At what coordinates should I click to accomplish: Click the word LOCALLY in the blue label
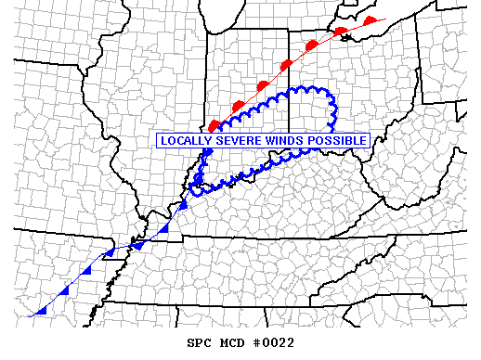point(187,141)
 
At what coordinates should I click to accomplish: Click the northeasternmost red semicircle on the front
point(370,20)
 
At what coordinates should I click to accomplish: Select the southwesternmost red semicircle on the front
point(215,124)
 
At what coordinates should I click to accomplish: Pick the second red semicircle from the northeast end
point(341,32)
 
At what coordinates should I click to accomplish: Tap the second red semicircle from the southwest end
point(238,102)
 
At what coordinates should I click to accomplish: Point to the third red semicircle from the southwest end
point(263,84)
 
